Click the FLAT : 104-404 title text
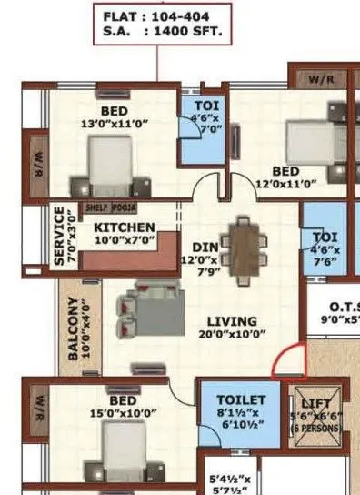point(160,17)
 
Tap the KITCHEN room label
point(125,227)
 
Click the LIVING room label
point(232,321)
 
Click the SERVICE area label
point(60,234)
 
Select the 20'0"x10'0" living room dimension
point(232,334)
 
